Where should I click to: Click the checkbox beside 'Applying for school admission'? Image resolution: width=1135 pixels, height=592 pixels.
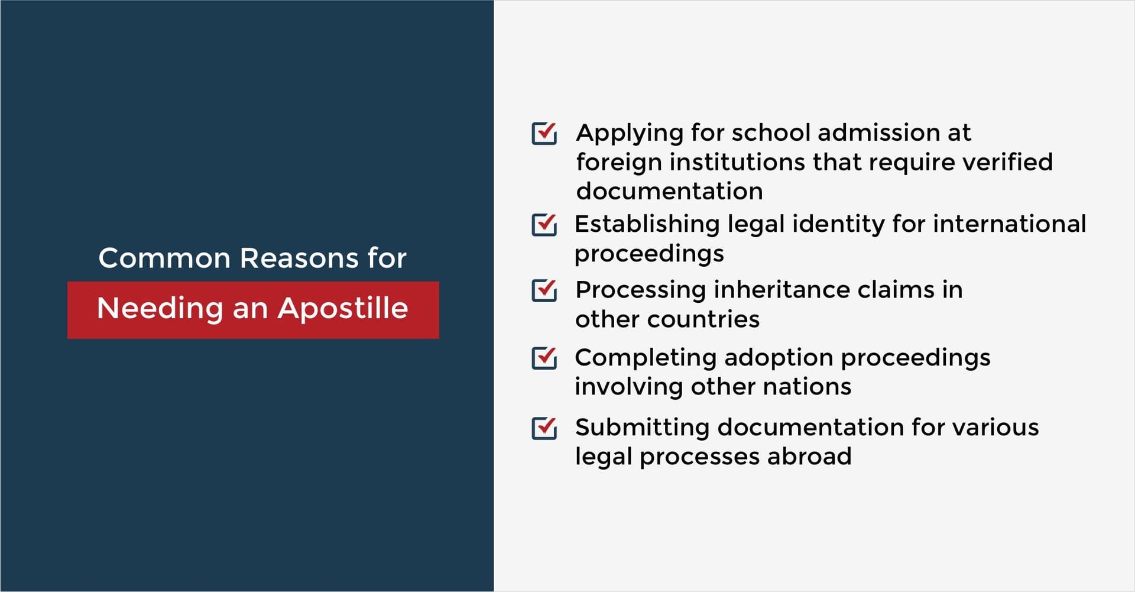click(x=544, y=133)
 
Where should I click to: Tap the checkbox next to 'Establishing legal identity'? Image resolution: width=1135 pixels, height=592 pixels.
click(x=544, y=225)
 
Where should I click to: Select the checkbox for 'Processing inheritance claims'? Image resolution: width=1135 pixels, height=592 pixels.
click(x=544, y=290)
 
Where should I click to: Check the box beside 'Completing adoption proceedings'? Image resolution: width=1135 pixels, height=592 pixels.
click(x=544, y=358)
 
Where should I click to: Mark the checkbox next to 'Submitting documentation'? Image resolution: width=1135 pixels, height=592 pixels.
click(x=544, y=428)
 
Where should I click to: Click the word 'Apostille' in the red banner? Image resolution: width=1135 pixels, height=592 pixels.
click(x=343, y=308)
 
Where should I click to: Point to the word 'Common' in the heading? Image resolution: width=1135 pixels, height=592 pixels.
click(x=164, y=258)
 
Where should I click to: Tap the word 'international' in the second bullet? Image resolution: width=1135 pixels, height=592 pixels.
click(x=1010, y=224)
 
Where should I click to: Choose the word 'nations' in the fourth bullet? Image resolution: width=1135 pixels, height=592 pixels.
click(x=807, y=387)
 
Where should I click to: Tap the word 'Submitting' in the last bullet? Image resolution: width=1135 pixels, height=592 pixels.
click(x=642, y=428)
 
